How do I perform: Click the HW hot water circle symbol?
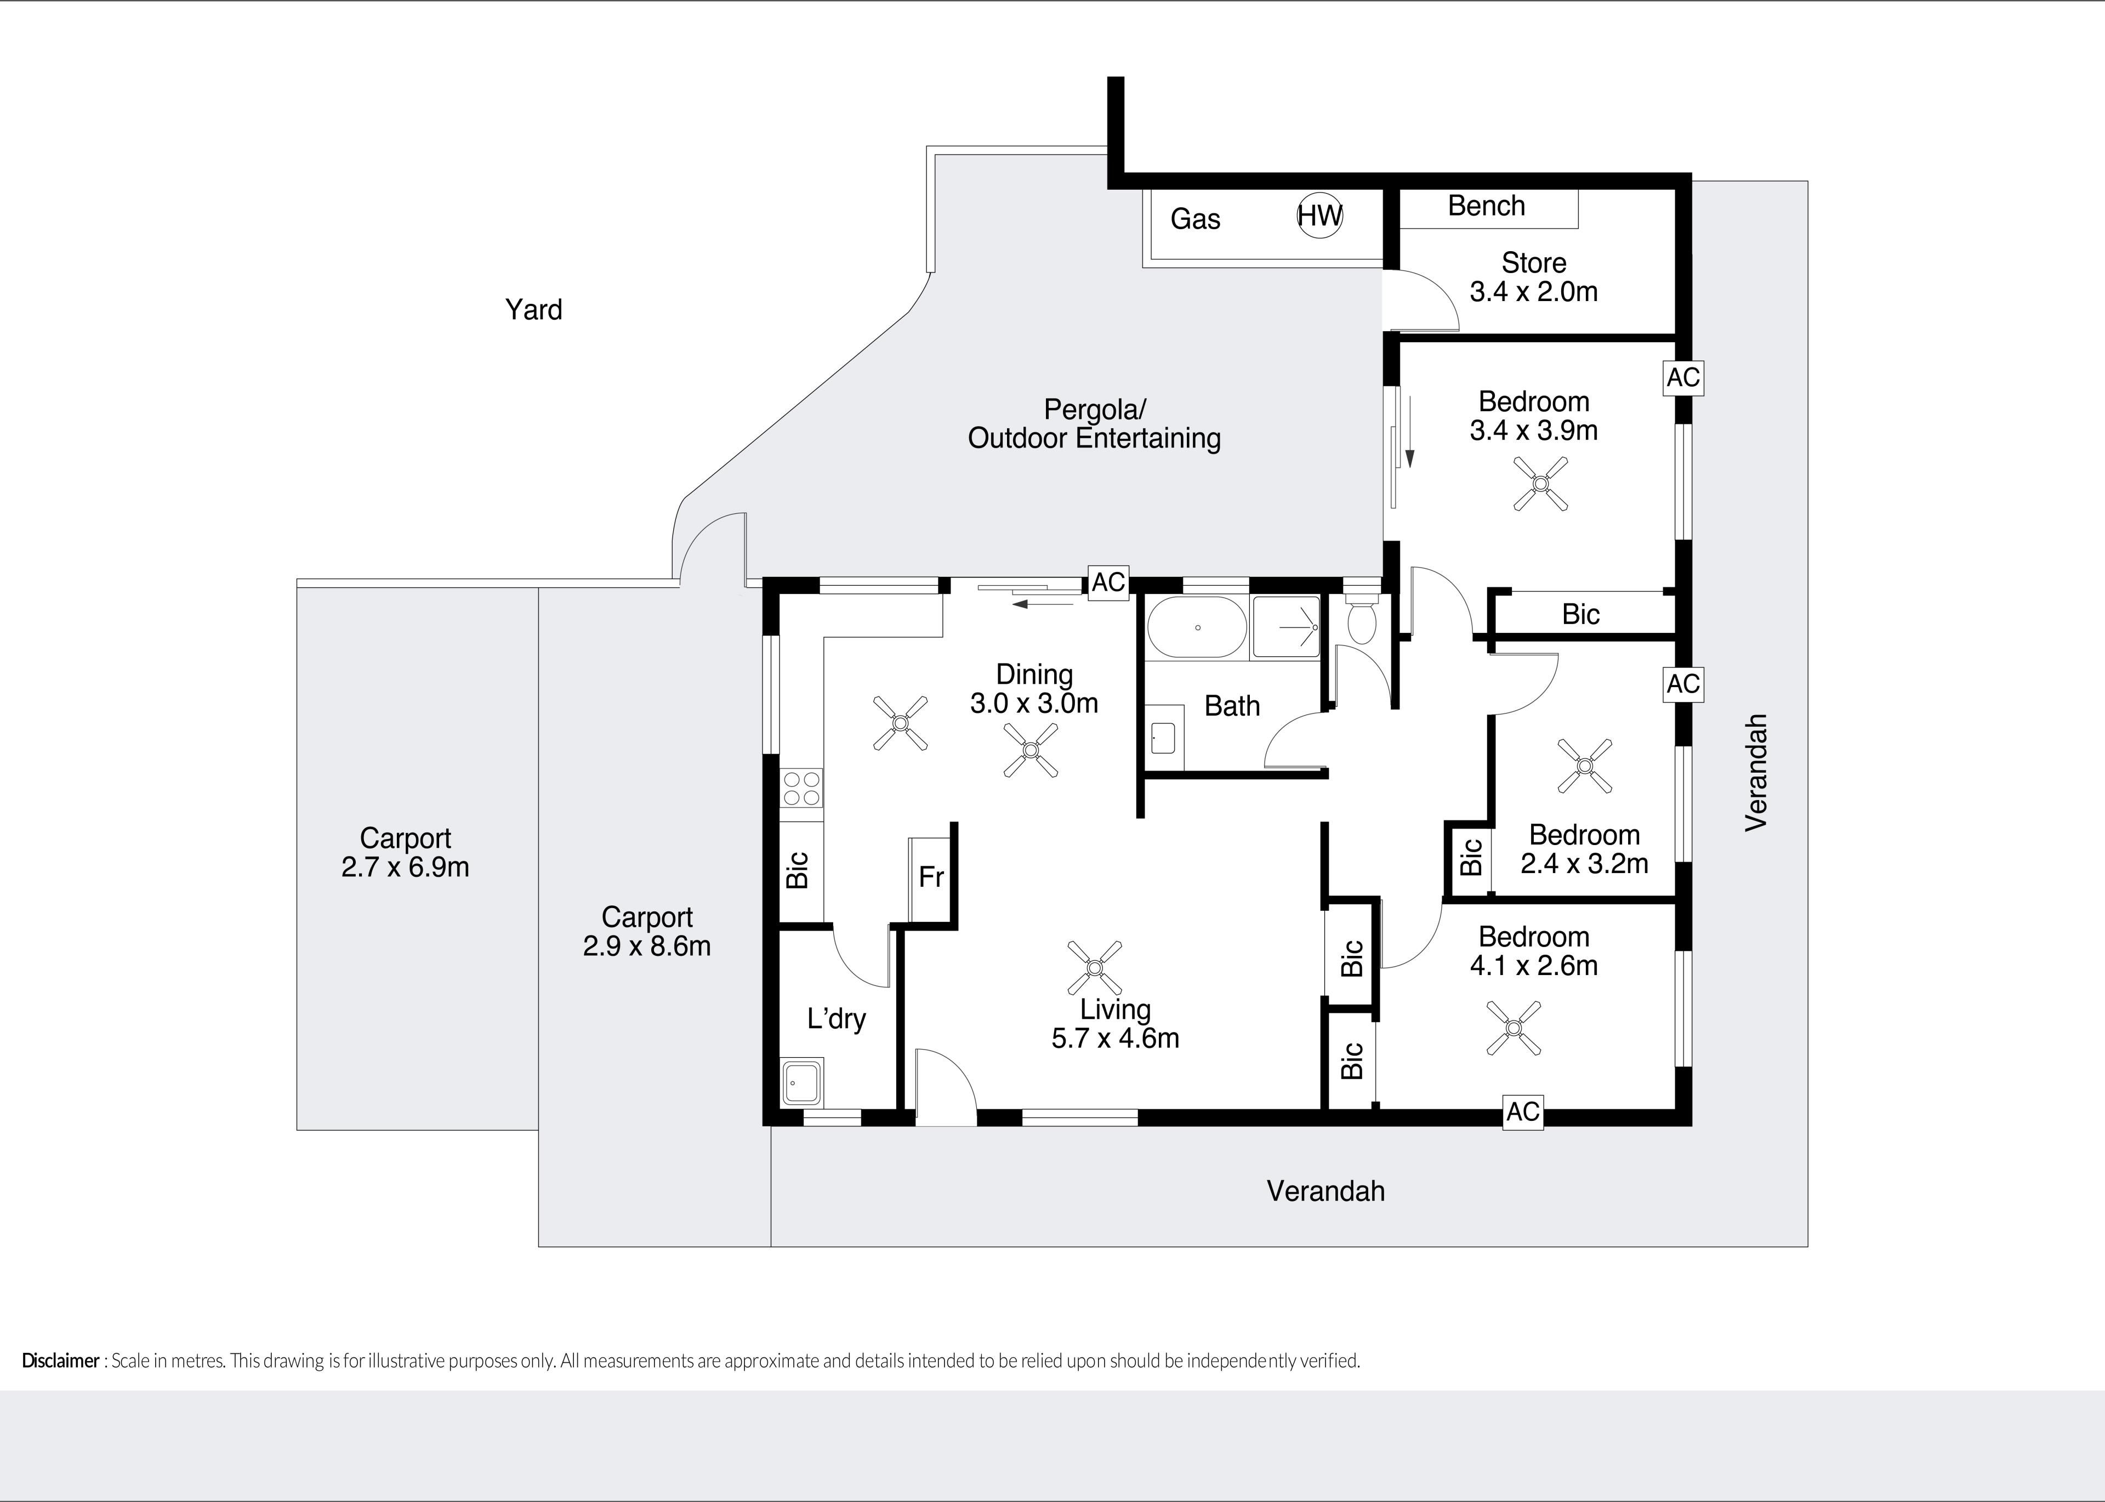click(x=1319, y=216)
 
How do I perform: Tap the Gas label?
click(x=1196, y=219)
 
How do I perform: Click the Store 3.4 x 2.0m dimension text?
click(x=1534, y=291)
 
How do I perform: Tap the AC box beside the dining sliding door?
click(x=1108, y=582)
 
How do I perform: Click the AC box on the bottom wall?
click(x=1523, y=1111)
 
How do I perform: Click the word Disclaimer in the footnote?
click(x=60, y=1361)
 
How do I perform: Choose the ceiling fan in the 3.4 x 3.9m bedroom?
click(x=1540, y=484)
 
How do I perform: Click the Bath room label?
click(x=1232, y=706)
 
